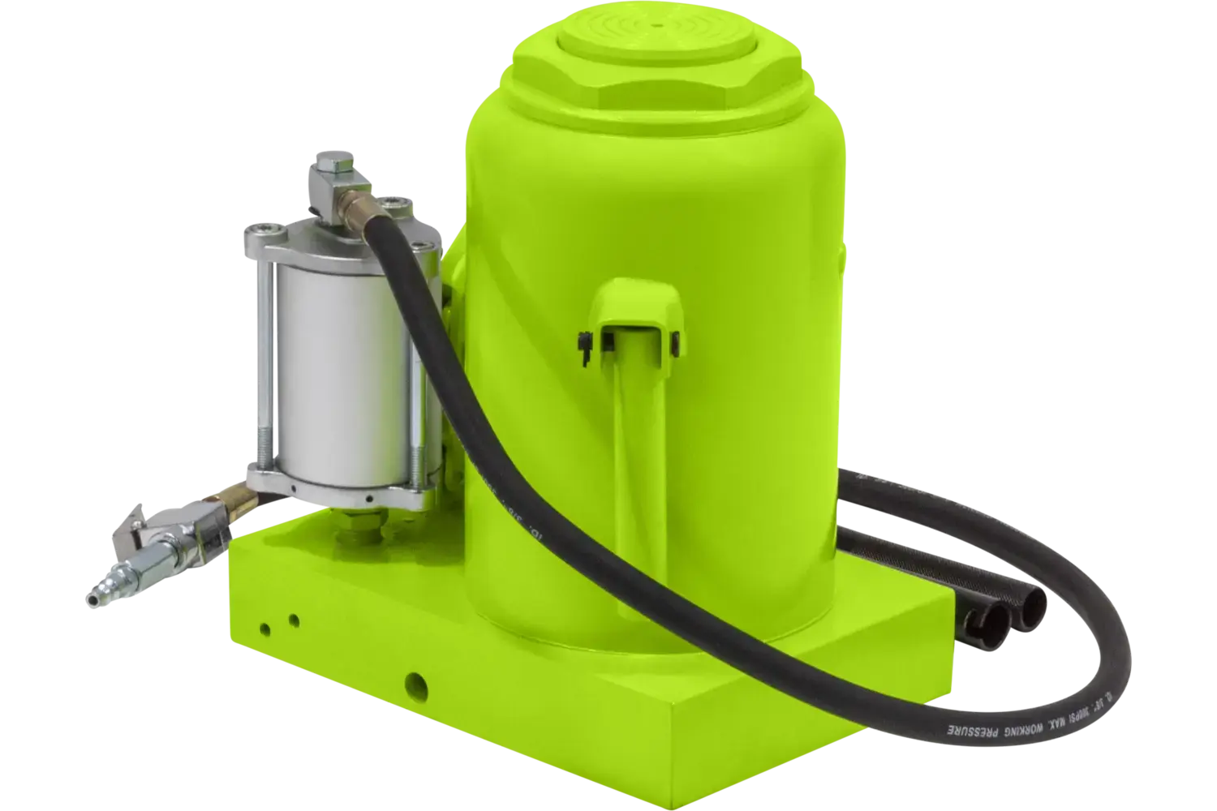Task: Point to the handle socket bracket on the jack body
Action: point(636,311)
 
